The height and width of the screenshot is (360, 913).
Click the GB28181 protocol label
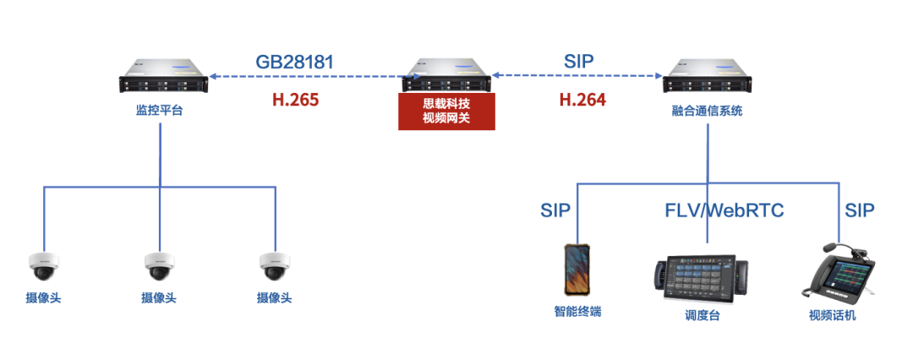pos(294,62)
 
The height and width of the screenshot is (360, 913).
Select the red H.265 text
pos(295,100)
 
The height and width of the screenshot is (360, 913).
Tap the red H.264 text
pos(582,100)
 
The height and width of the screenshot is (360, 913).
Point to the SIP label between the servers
pos(578,62)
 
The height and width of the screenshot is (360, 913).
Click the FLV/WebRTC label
pos(724,210)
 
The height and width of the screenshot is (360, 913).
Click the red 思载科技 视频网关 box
pos(446,112)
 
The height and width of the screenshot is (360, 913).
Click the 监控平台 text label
pos(159,111)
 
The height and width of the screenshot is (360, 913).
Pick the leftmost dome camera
pos(42,266)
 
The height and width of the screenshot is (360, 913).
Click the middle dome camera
pos(159,266)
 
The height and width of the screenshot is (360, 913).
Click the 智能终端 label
pos(577,312)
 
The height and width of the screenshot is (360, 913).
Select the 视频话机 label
pos(832,315)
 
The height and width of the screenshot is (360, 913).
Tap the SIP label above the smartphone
pos(555,210)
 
